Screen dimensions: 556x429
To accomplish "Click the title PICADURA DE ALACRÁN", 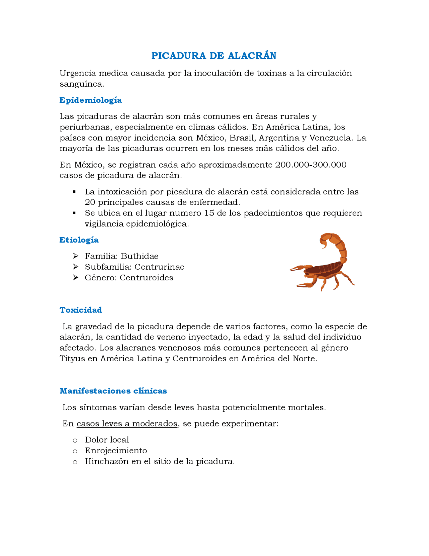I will pos(214,56).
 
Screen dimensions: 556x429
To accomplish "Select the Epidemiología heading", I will pos(90,100).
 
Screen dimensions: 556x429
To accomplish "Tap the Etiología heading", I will pos(79,240).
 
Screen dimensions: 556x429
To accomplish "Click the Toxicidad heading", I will pos(81,310).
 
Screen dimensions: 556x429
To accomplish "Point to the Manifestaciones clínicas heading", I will pos(113,391).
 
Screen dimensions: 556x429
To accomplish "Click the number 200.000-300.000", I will pos(311,165).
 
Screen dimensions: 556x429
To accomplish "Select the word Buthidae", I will pos(139,256).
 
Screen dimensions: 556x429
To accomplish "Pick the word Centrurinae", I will pos(159,267).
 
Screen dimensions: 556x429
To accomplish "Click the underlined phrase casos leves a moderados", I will pos(127,424).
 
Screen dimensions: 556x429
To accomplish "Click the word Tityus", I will pos(72,359).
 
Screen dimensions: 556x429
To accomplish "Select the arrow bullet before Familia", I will pos(76,256).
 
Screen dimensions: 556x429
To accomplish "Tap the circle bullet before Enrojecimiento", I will pos(75,451).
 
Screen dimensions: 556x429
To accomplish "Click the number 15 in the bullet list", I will pos(209,213).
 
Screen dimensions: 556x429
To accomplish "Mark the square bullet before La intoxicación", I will pos(74,192).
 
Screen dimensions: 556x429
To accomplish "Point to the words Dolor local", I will pos(107,440).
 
